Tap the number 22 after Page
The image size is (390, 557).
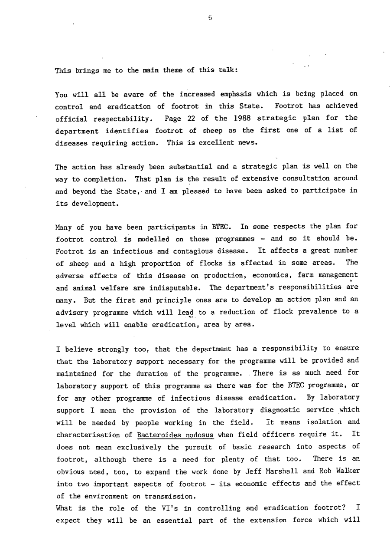[x=193, y=119]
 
